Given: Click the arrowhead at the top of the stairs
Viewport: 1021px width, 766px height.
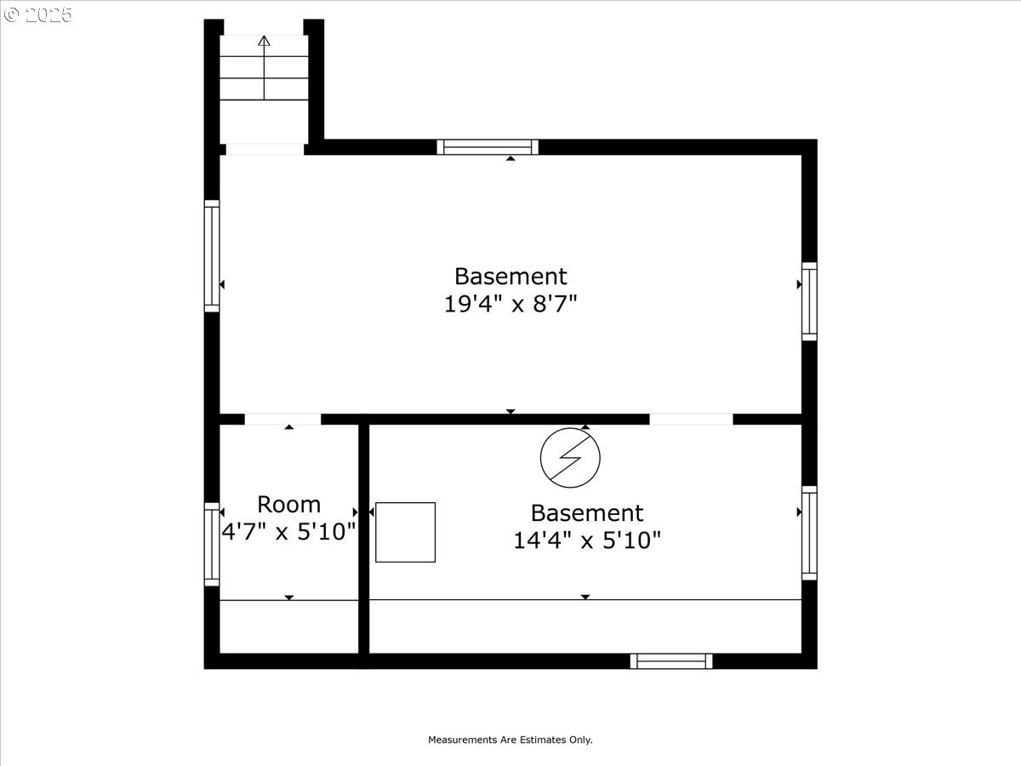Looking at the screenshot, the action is [264, 41].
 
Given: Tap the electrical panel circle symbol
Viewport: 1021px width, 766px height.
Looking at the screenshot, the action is [570, 458].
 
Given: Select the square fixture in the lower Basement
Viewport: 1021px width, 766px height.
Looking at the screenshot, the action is [406, 532].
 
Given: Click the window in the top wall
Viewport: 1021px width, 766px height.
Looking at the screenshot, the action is [488, 147].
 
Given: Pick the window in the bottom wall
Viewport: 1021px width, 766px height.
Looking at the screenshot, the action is [671, 661].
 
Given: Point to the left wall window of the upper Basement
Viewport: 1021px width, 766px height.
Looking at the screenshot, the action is [212, 256].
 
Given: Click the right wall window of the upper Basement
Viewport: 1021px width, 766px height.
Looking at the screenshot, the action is [809, 301].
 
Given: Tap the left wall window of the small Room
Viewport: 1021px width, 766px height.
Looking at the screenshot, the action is [212, 544].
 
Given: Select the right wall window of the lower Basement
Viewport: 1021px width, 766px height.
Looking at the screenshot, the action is [809, 533].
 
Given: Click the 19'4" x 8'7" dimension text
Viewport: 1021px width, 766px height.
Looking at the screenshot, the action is [510, 304].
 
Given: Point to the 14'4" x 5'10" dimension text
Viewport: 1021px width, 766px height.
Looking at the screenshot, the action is [587, 540].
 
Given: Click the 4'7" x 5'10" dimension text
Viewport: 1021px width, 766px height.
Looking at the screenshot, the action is [288, 532].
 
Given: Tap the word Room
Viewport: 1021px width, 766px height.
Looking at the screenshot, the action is [288, 504].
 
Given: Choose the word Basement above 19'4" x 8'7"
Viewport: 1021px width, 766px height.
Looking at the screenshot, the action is [510, 277].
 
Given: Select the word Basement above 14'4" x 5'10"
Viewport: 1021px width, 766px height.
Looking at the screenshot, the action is [587, 513].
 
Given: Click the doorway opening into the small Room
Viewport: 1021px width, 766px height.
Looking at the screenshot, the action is [282, 419].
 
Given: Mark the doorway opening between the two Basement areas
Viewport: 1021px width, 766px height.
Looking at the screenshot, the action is [691, 419].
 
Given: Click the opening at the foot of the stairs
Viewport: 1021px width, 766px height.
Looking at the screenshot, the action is [265, 149].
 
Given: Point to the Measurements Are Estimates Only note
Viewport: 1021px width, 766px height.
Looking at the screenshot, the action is [510, 740].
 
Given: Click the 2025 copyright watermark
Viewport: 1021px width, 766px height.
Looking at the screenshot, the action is [37, 14].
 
